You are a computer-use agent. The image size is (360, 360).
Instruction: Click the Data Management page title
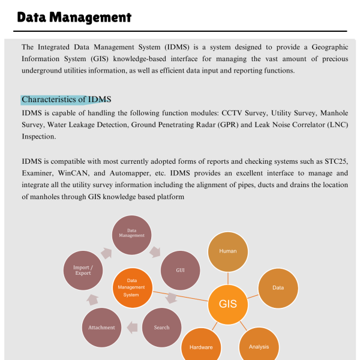click(74, 17)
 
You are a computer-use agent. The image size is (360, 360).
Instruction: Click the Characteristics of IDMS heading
click(66, 100)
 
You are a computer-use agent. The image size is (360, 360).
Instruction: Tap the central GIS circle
click(228, 304)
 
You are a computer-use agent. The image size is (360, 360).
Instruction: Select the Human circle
click(228, 251)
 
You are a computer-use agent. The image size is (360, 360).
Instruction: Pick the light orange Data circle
click(278, 288)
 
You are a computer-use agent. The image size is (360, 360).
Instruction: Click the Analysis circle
click(259, 346)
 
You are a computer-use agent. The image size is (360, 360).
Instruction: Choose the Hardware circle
click(201, 347)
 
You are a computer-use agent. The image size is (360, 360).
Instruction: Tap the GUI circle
click(180, 270)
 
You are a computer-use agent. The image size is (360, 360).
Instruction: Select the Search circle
click(161, 328)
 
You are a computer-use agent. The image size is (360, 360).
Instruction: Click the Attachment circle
click(101, 328)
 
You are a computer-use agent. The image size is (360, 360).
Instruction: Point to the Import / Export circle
click(83, 270)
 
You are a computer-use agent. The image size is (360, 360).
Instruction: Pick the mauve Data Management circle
click(131, 233)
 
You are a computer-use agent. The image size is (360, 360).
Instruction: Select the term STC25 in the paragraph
click(334, 162)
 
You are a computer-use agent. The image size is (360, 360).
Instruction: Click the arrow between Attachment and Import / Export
click(93, 299)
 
